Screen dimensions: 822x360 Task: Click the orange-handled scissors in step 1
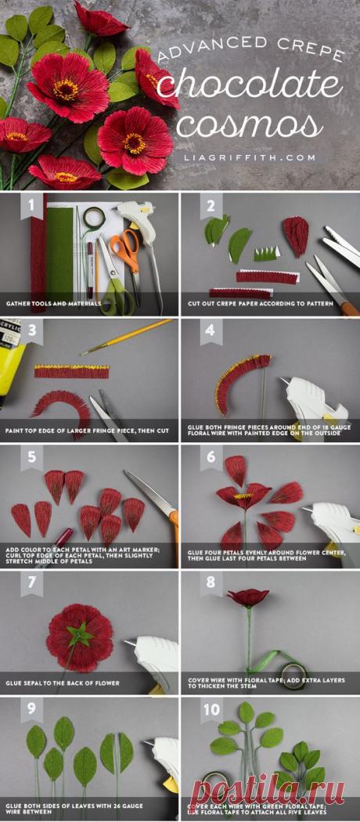tap(123, 251)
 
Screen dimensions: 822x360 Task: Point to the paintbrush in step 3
tap(125, 336)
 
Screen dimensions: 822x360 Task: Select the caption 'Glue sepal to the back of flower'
tap(63, 683)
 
